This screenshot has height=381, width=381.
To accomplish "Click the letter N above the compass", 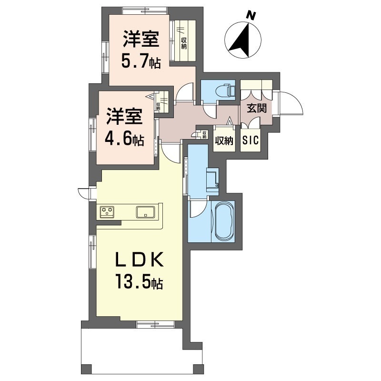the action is (x=251, y=16).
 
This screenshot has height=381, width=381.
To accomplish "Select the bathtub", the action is (x=223, y=221).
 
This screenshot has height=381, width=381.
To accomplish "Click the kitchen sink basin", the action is (x=145, y=212).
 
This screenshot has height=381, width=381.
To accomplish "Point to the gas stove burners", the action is (x=107, y=211).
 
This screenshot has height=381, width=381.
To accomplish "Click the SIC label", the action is (x=251, y=140).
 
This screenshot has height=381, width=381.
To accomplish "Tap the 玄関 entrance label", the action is (x=257, y=108).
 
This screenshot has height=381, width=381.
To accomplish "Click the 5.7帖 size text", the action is (x=141, y=62).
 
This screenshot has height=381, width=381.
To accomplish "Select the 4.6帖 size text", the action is (x=124, y=140).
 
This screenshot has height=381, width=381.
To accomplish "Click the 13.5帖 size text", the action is (x=140, y=281).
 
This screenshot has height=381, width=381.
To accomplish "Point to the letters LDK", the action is (x=140, y=260).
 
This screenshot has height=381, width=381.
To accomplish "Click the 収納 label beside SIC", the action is (x=224, y=140).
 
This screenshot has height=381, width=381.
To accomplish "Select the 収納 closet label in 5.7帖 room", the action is (x=184, y=43).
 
